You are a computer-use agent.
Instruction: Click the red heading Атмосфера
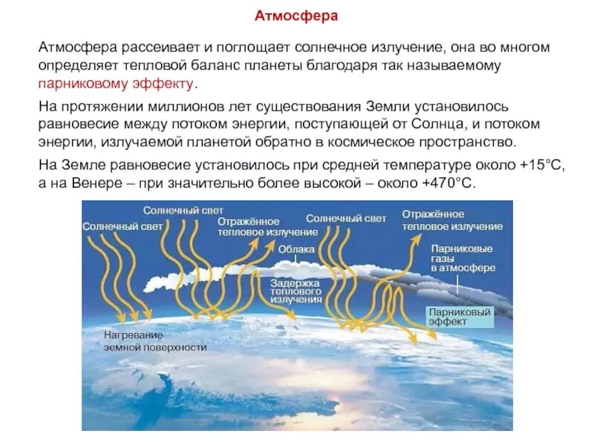click(x=296, y=16)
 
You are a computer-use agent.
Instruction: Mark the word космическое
click(x=382, y=141)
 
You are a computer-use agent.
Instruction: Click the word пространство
click(x=474, y=141)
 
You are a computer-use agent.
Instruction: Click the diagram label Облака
click(x=296, y=250)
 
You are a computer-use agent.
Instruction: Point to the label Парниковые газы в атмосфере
click(x=457, y=260)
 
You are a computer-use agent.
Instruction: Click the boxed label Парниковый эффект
click(x=460, y=317)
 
